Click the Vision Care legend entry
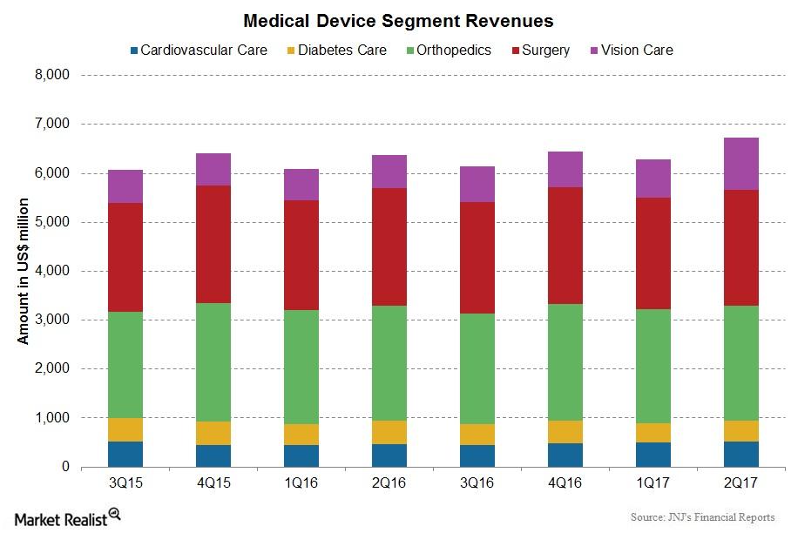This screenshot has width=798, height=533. point(634,50)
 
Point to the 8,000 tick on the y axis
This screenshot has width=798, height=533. point(51,76)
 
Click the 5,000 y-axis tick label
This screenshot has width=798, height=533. point(51,223)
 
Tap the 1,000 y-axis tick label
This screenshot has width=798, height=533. point(51,419)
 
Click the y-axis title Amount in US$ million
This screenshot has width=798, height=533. point(24,271)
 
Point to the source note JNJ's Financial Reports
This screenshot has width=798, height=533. point(701,517)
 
